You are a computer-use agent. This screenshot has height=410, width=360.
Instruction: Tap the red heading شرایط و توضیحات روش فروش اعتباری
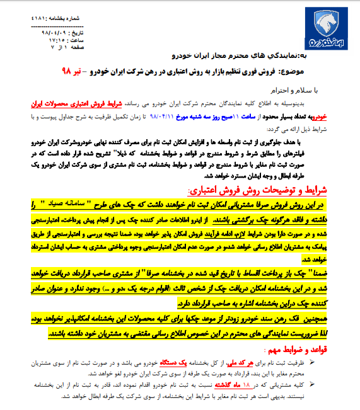265,190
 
